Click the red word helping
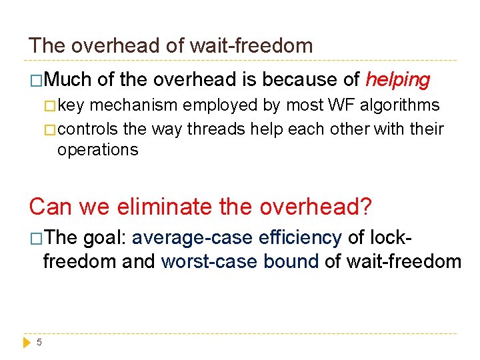pyautogui.click(x=398, y=80)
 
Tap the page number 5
pyautogui.click(x=39, y=342)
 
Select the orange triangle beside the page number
pyautogui.click(x=27, y=342)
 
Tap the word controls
pyautogui.click(x=87, y=128)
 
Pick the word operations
pyautogui.click(x=97, y=149)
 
